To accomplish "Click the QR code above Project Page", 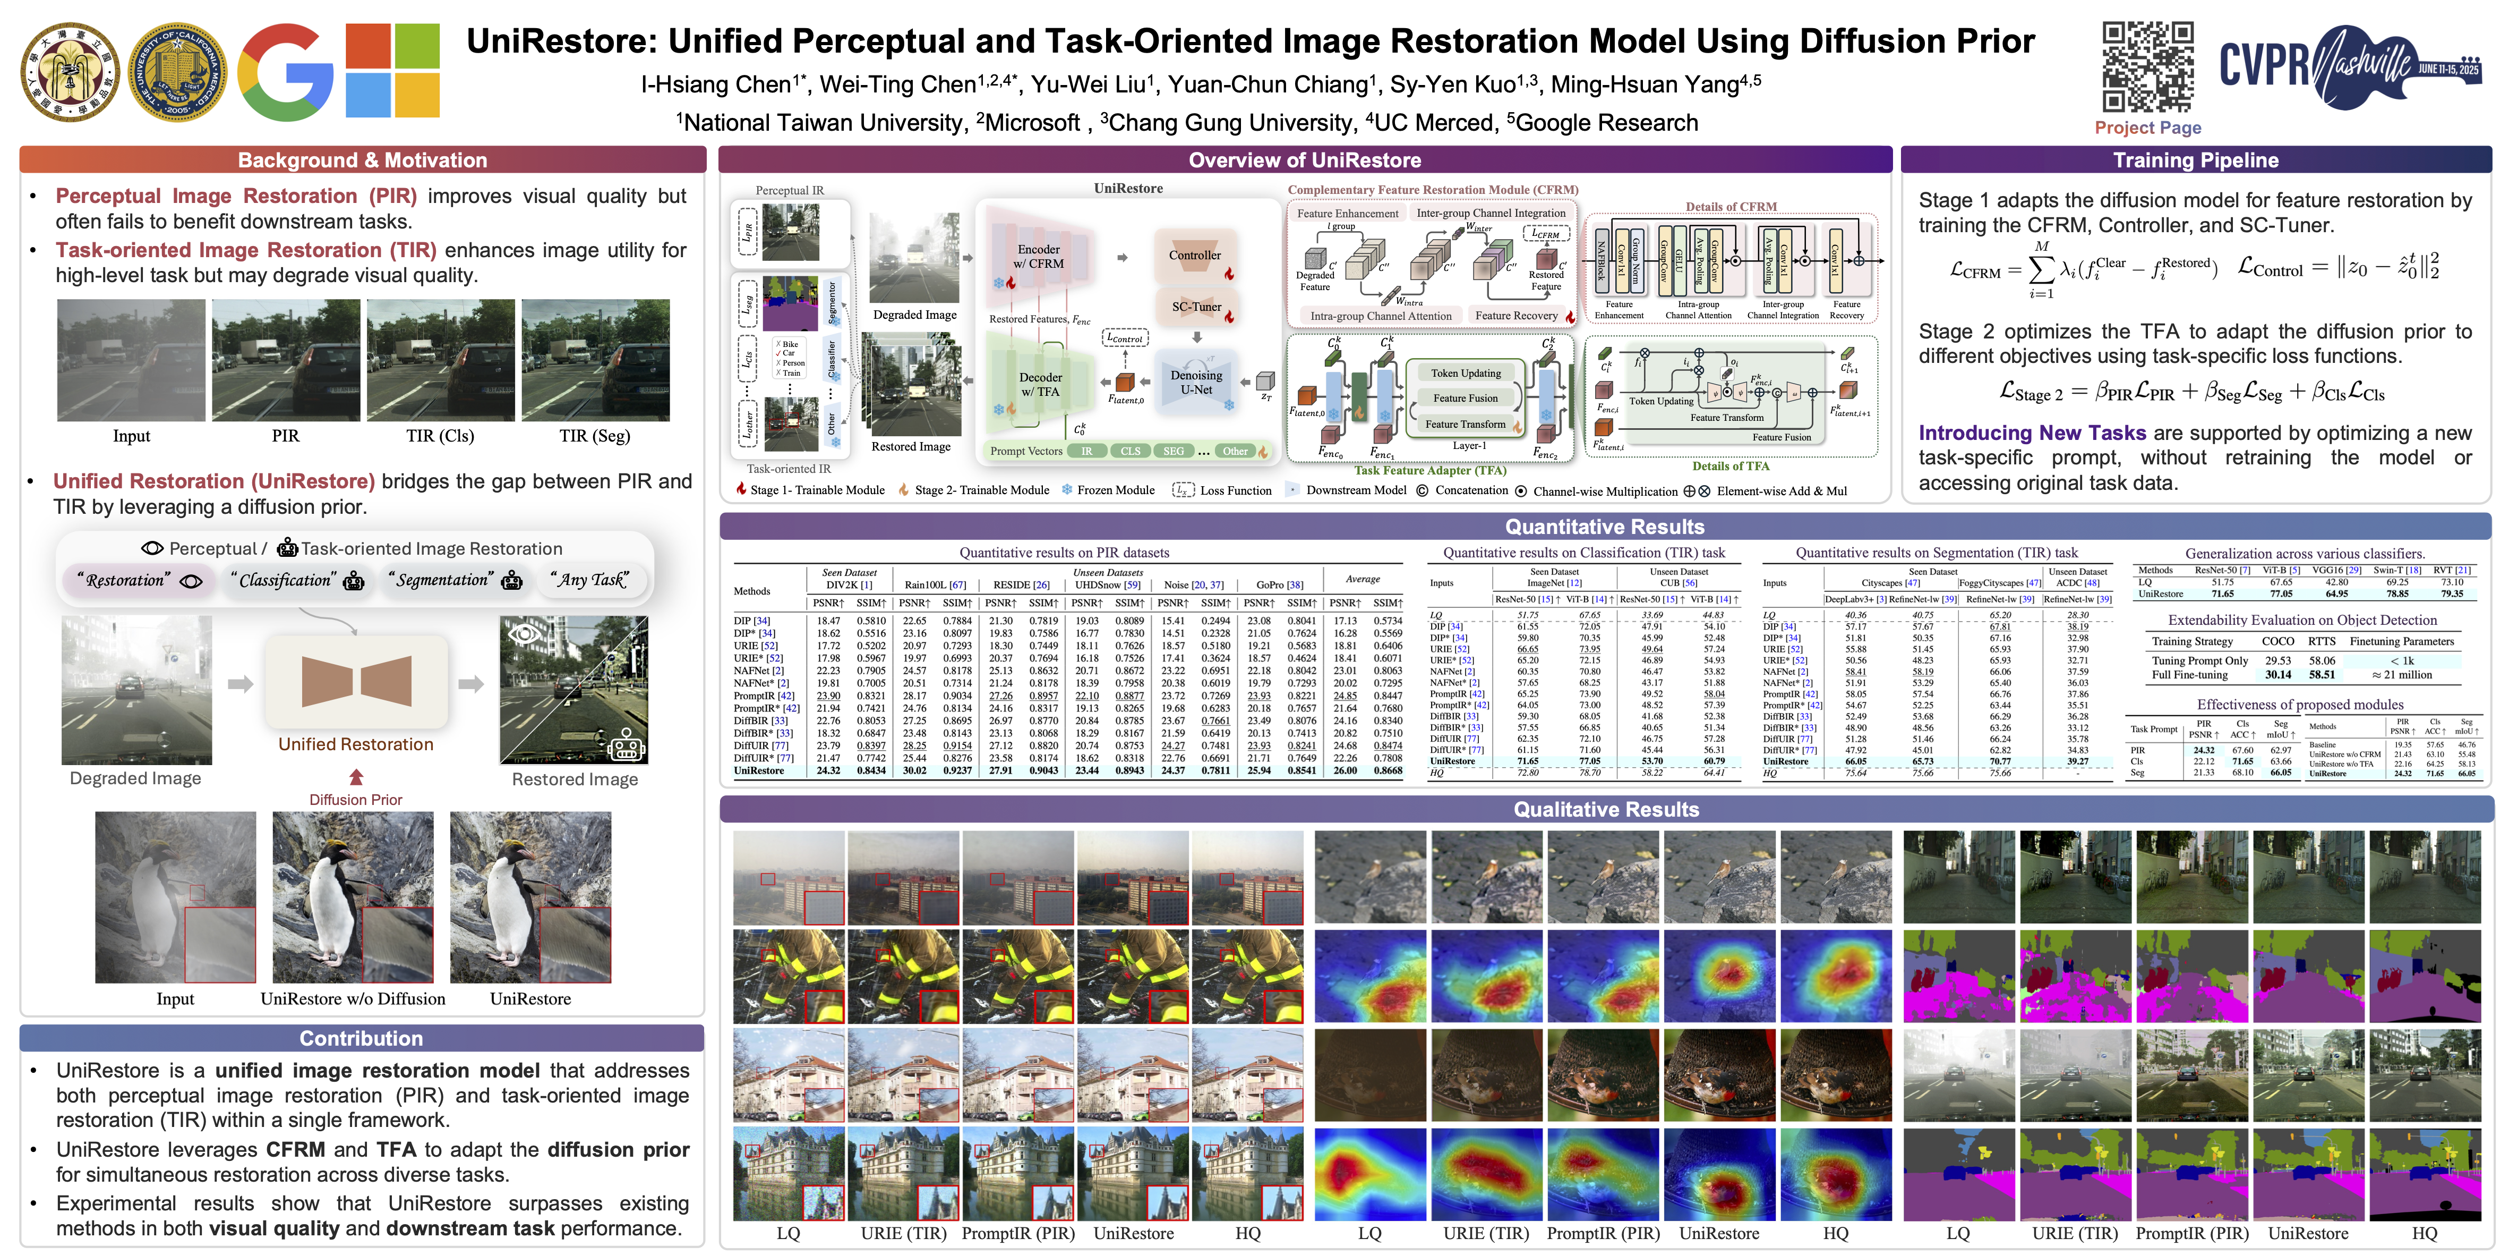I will [2147, 66].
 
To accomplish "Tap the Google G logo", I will [285, 72].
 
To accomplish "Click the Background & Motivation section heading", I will [362, 160].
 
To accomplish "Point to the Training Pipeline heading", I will [2195, 160].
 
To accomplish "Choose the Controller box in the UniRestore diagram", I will [1194, 255].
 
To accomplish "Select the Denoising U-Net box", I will [1196, 382].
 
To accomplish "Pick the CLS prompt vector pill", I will [1130, 451].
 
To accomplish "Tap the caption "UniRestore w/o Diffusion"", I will [353, 999].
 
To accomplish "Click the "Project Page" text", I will [2147, 128].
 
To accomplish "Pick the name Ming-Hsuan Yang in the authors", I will [1644, 85].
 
